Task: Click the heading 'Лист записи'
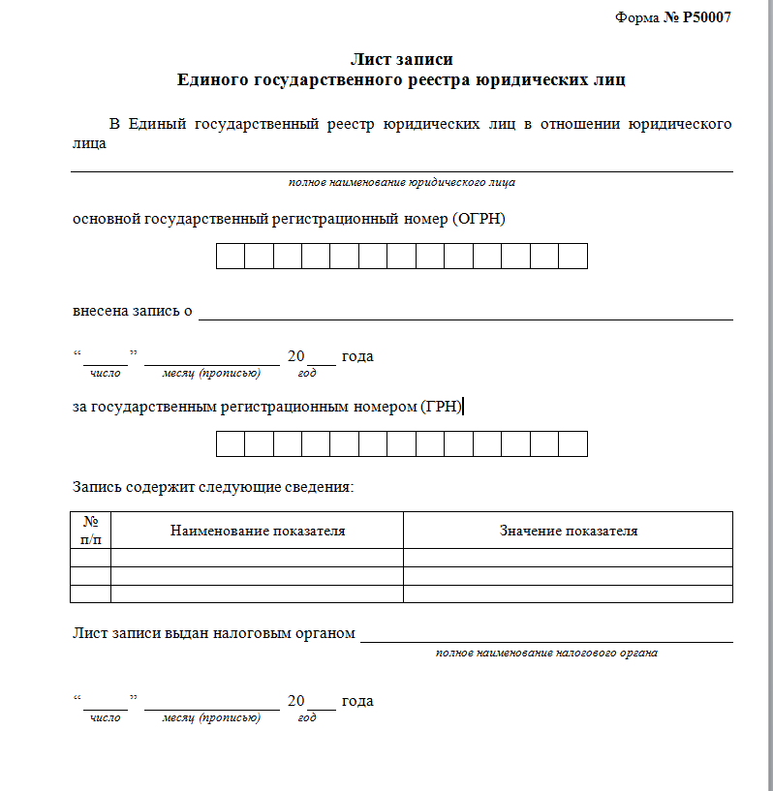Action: click(x=401, y=61)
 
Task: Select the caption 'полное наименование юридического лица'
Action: click(x=401, y=182)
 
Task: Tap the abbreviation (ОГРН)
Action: click(x=479, y=219)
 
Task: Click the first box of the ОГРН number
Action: click(x=230, y=257)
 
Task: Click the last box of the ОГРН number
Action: click(x=572, y=257)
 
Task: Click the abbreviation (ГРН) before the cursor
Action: click(x=442, y=407)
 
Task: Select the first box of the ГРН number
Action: click(x=230, y=443)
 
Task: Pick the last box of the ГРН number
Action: click(x=572, y=443)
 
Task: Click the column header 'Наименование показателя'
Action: click(x=258, y=531)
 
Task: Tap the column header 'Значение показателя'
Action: click(x=568, y=531)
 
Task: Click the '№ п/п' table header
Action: click(x=91, y=530)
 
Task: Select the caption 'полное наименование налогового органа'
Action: click(x=546, y=653)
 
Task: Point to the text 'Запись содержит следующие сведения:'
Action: click(x=213, y=487)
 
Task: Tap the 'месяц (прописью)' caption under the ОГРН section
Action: click(x=211, y=373)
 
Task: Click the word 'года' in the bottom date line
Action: click(x=357, y=701)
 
